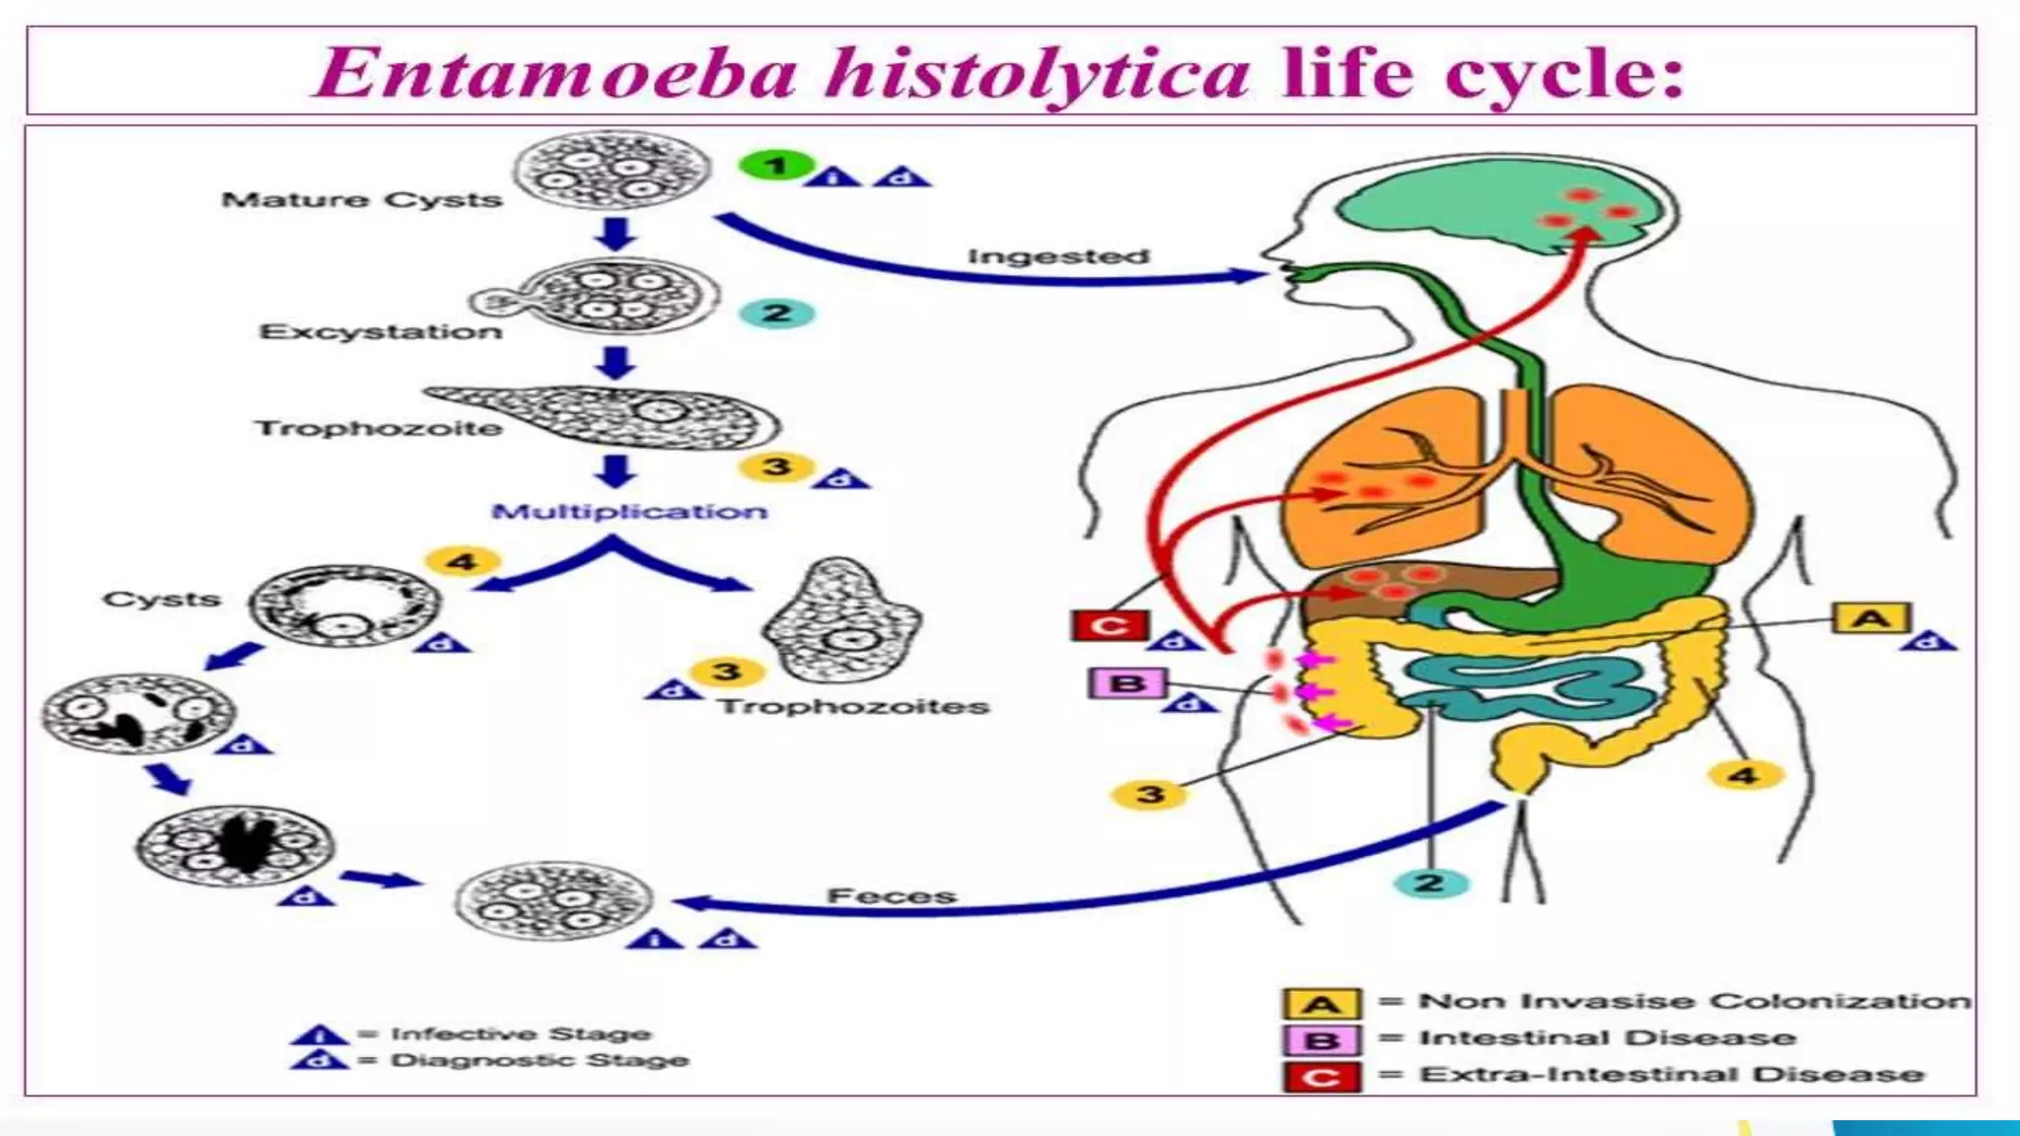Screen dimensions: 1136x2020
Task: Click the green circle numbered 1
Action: [776, 166]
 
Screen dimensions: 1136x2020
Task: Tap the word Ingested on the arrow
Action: [1058, 256]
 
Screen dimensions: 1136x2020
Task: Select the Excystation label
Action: [381, 331]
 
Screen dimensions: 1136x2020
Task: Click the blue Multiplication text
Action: [629, 512]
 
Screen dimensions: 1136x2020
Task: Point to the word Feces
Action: [892, 895]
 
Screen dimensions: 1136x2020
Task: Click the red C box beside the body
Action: [1110, 625]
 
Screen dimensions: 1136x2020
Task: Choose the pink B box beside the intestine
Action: [1127, 683]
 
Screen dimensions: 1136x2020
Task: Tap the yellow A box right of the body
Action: [1871, 619]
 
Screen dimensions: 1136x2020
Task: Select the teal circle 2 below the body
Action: [1429, 883]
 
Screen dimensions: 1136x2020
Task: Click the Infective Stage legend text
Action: [521, 1033]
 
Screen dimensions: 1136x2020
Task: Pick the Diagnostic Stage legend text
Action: [540, 1060]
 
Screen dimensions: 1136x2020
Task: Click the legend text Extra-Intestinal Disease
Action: [1671, 1074]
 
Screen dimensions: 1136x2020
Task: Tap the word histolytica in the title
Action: [1038, 73]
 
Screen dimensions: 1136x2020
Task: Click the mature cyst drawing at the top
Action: [613, 170]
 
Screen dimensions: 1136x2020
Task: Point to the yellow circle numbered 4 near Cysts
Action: [462, 562]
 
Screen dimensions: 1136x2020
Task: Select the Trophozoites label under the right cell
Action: [853, 706]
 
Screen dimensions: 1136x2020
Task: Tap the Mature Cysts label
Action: [362, 199]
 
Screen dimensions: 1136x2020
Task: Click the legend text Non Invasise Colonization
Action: [1694, 1001]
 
